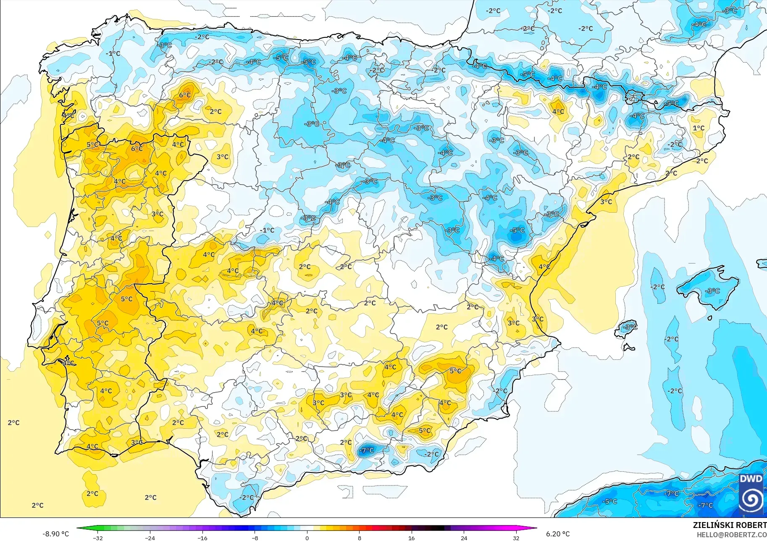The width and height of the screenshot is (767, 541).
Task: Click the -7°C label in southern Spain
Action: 366,450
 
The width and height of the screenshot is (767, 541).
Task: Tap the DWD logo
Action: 751,494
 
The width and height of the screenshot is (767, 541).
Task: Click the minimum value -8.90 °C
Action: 55,534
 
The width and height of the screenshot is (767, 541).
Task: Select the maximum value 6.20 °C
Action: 558,534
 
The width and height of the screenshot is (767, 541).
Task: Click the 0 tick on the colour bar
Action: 307,538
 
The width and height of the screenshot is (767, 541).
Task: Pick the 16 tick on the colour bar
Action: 411,538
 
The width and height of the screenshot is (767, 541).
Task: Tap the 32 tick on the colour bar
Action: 516,538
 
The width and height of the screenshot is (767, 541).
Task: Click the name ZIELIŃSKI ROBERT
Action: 730,525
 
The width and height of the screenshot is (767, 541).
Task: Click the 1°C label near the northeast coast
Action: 699,128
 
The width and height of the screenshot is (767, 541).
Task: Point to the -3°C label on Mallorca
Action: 713,291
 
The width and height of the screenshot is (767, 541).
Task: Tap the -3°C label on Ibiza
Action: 630,327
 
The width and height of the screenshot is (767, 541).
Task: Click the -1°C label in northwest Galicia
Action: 113,53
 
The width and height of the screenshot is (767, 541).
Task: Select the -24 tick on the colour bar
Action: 150,538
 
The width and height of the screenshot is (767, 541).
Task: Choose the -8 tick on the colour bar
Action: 255,538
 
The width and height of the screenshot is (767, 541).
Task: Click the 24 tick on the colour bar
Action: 464,538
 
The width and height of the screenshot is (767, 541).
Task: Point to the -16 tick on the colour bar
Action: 202,538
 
